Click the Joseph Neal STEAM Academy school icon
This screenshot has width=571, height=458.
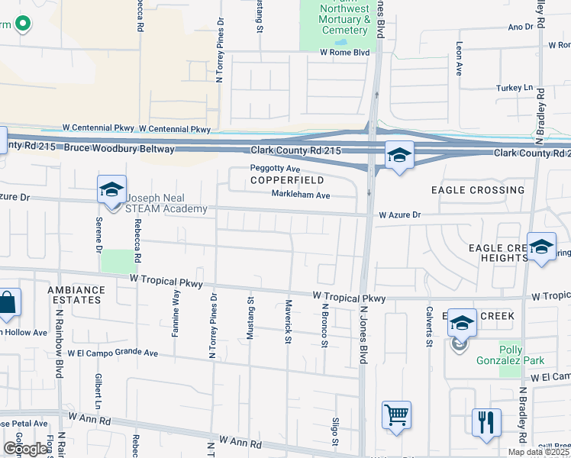111,189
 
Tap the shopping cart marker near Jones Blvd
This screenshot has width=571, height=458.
396,416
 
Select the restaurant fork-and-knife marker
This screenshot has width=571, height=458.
486,421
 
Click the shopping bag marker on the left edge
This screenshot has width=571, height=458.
8,303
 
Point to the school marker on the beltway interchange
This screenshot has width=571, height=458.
398,156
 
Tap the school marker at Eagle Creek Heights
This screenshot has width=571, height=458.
541,247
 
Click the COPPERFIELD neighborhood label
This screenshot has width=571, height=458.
286,180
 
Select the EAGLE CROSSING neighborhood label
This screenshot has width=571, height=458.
478,189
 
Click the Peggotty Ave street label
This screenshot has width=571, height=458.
276,168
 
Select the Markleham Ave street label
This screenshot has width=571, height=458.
300,195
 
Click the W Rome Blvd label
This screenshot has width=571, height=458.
344,52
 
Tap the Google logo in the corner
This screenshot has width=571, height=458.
25,449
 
